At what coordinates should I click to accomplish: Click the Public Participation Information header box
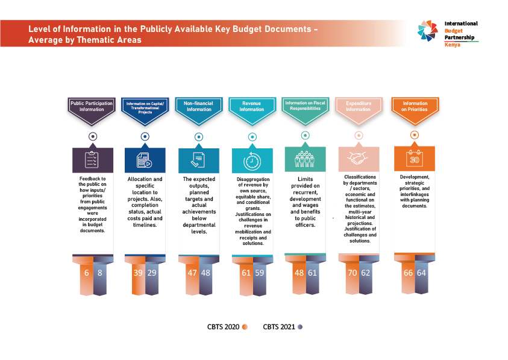(92, 106)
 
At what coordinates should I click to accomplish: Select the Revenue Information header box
(252, 106)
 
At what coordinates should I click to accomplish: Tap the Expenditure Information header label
(359, 106)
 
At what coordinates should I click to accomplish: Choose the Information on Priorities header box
(415, 106)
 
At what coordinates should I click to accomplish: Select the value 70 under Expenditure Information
(352, 272)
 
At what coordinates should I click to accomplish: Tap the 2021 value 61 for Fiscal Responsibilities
(312, 272)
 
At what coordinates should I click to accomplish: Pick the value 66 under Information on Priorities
(408, 273)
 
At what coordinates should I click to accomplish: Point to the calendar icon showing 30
(415, 159)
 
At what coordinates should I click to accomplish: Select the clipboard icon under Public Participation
(92, 160)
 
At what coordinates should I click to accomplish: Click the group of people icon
(305, 159)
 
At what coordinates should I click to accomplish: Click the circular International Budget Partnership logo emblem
(429, 31)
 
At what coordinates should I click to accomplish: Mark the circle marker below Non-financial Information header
(199, 136)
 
